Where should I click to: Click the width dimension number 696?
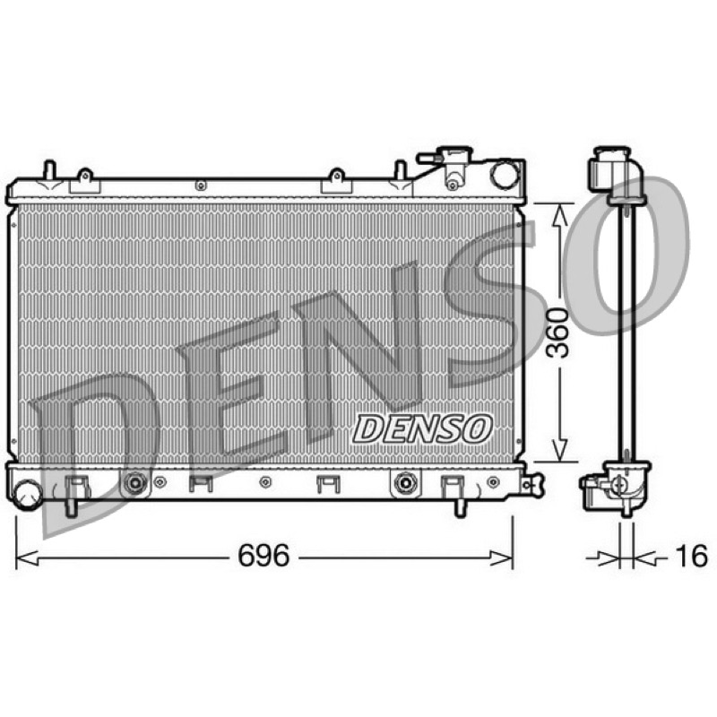(x=263, y=555)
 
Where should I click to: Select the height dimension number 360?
(x=558, y=333)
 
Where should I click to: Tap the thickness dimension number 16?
(x=691, y=556)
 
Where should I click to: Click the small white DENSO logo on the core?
(x=422, y=428)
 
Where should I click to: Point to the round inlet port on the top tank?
(x=505, y=174)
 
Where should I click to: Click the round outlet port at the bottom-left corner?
(x=28, y=495)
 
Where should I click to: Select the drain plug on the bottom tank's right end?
(x=532, y=484)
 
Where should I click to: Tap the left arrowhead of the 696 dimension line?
(x=27, y=557)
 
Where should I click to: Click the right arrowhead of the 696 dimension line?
(x=502, y=557)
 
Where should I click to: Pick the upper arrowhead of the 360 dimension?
(x=559, y=215)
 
